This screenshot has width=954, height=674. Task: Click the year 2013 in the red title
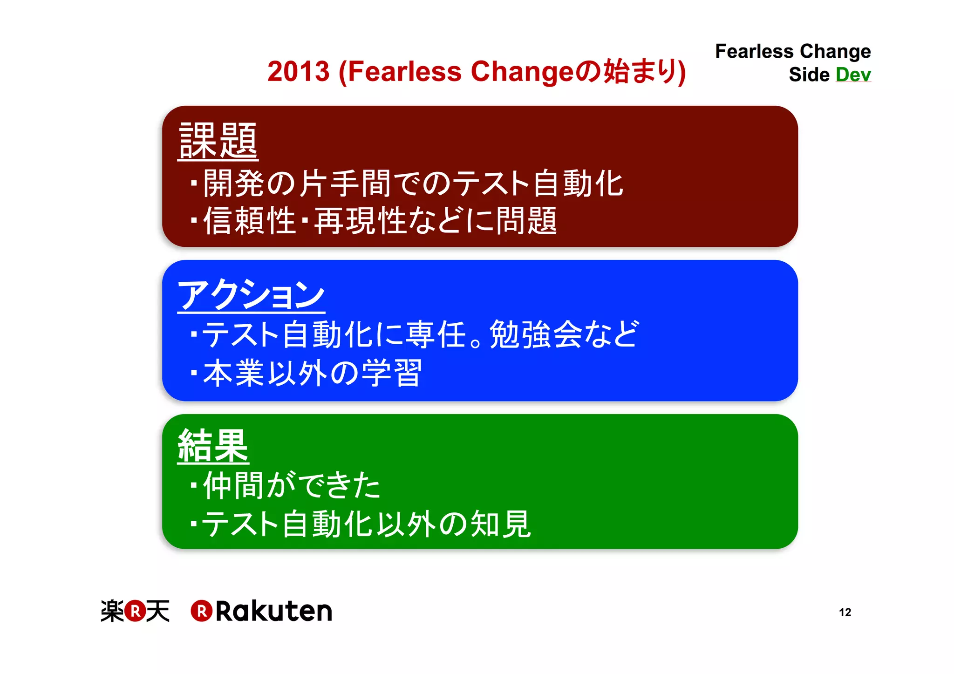click(299, 72)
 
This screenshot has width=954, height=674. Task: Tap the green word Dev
click(853, 75)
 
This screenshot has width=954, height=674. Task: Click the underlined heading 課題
click(218, 141)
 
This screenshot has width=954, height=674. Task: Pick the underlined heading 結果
click(213, 446)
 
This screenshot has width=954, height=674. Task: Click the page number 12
click(845, 612)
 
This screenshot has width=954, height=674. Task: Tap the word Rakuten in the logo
click(274, 611)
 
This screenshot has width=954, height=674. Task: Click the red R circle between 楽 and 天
click(135, 611)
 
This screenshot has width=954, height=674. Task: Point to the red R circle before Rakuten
click(202, 611)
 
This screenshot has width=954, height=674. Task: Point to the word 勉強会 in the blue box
click(536, 334)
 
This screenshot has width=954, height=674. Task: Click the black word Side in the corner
click(809, 75)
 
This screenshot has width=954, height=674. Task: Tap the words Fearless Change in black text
click(793, 51)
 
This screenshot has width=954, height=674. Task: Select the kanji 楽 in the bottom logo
click(112, 611)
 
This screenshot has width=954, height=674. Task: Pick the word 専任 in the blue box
click(436, 334)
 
